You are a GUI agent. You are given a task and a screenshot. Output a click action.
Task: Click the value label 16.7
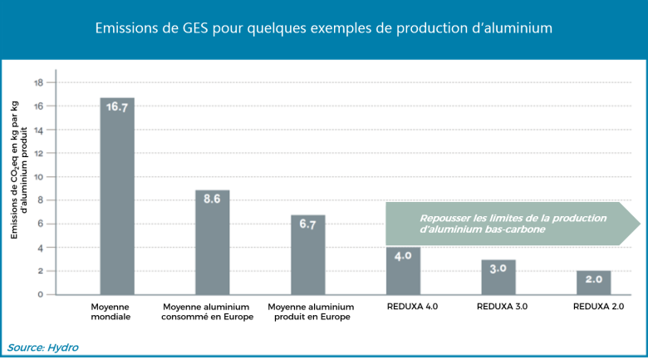(x=117, y=107)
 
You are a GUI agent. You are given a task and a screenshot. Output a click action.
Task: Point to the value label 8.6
(x=213, y=200)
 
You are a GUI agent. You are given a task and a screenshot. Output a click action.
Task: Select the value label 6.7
(x=307, y=224)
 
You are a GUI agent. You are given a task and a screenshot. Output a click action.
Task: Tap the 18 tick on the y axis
(x=39, y=82)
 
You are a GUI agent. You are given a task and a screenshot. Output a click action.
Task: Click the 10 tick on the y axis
(x=39, y=176)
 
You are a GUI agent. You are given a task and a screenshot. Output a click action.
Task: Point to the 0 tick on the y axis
(x=40, y=294)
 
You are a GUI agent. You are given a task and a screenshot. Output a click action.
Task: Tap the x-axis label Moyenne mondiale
(x=110, y=312)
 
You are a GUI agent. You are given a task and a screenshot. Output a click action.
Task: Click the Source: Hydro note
(x=42, y=347)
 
